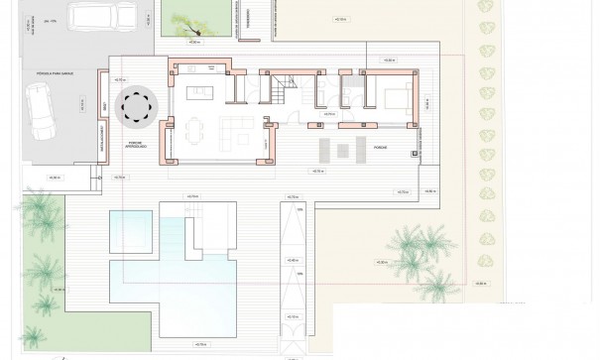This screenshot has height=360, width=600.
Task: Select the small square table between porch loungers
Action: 333,151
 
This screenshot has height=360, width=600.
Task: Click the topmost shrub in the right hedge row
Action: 488,9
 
